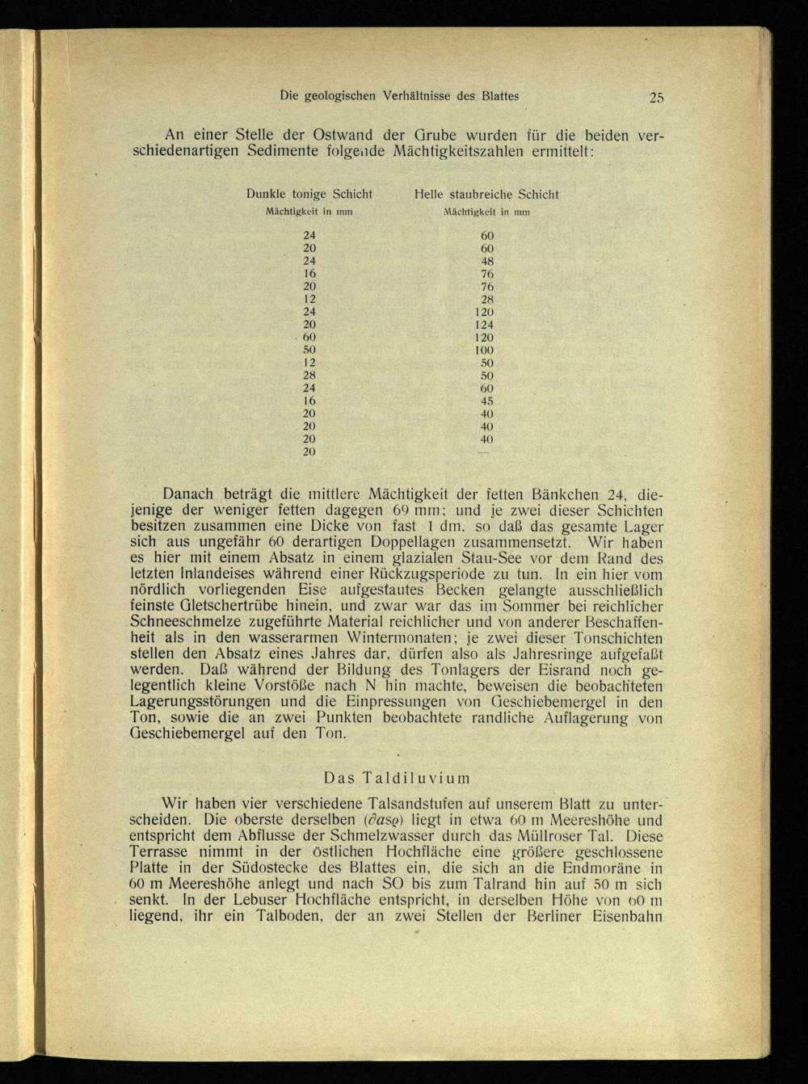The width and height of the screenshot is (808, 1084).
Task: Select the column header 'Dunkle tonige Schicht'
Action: pos(309,195)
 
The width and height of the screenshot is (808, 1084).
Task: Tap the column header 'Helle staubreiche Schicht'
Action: pos(486,195)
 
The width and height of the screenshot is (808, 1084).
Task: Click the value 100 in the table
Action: pos(485,351)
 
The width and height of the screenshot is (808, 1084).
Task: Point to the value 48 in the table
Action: pos(487,262)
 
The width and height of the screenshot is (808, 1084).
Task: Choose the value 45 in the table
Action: pos(487,401)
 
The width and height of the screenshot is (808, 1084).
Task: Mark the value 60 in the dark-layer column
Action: pos(309,338)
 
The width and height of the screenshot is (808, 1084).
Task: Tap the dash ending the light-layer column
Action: pos(485,452)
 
